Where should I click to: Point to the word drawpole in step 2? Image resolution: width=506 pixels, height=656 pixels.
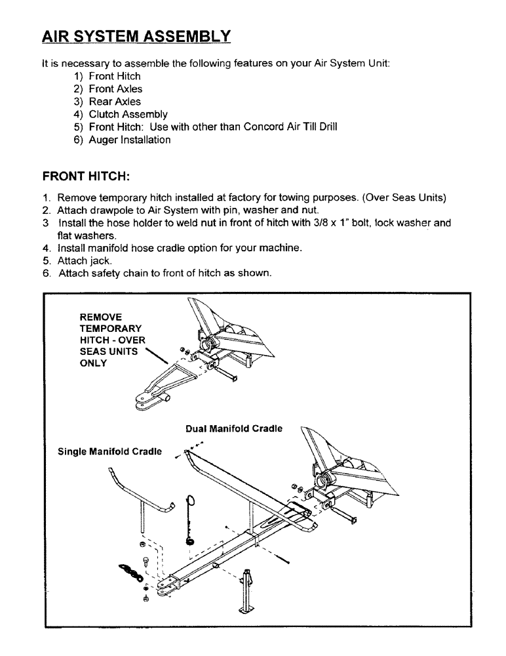107,210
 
